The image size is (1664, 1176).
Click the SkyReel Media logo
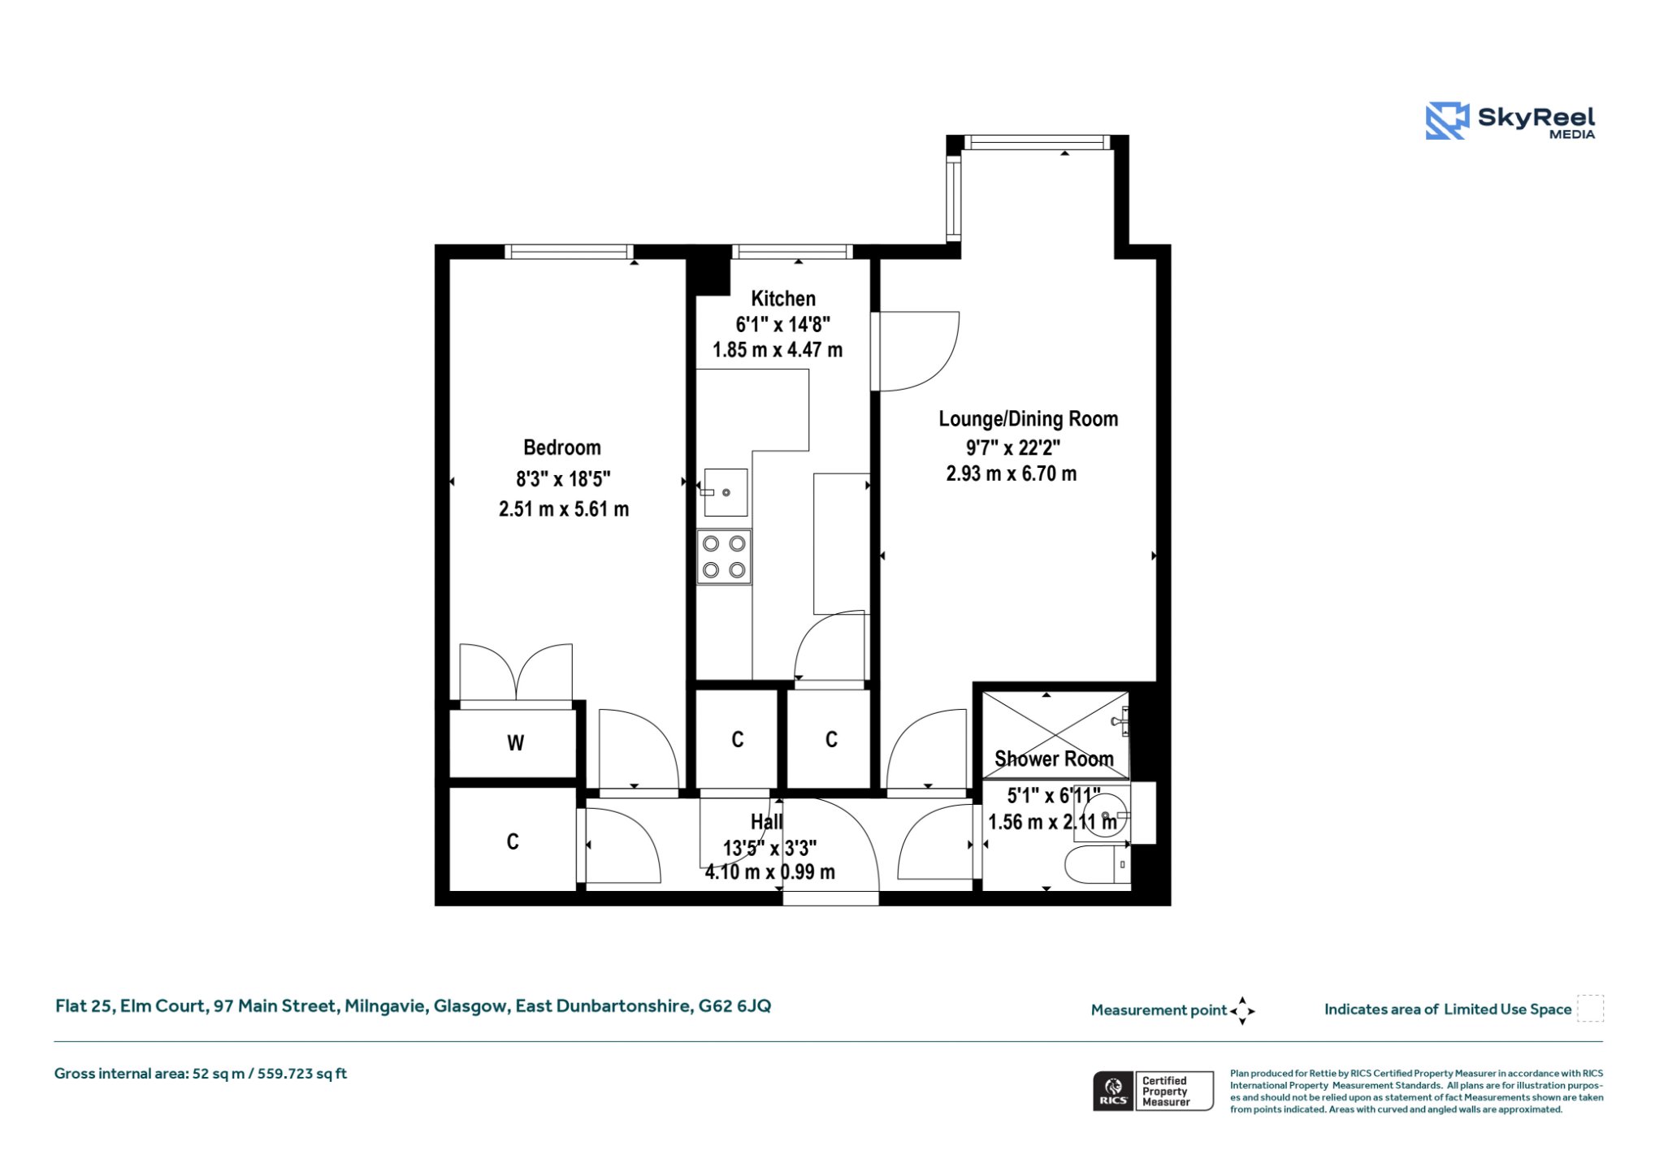point(1510,121)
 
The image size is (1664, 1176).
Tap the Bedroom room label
point(562,447)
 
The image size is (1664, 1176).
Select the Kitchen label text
point(783,299)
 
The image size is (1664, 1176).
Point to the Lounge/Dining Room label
point(1029,419)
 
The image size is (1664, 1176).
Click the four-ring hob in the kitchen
point(724,557)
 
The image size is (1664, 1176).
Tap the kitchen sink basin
point(726,492)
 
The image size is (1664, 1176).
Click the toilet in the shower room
point(1098,866)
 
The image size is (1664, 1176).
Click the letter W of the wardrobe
point(515,743)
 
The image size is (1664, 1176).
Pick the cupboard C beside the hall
point(513,841)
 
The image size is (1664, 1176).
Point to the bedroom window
point(569,252)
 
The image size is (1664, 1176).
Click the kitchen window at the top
point(792,252)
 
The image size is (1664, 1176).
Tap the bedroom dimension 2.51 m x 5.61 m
point(564,509)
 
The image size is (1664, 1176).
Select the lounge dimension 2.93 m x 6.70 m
point(1012,473)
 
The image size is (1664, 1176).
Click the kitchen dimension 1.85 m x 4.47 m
point(778,350)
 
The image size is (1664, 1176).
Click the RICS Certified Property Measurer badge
point(1153,1091)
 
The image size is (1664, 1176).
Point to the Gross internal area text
point(201,1074)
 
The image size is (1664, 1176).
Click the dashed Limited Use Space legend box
point(1590,1009)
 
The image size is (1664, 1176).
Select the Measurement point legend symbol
point(1242,1011)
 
